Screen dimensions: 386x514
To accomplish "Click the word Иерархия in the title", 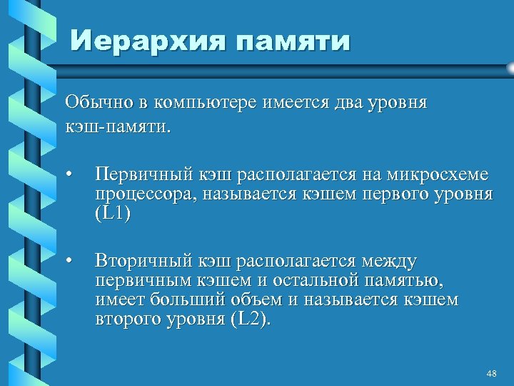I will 146,41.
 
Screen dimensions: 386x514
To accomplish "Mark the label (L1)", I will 113,214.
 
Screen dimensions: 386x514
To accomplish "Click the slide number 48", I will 490,374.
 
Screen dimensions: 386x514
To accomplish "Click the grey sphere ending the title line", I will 509,69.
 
